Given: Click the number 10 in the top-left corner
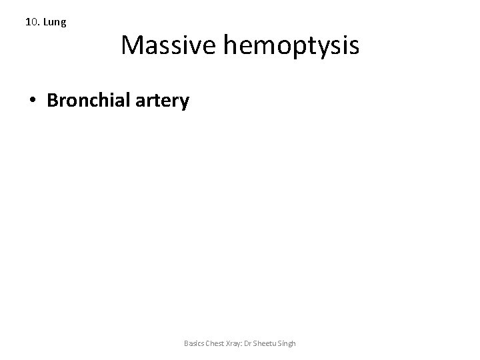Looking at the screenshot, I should click(x=31, y=22).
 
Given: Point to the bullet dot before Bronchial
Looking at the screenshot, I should click(x=33, y=101).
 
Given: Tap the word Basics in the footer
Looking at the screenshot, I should click(x=193, y=343).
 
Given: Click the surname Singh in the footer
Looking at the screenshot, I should click(x=287, y=343).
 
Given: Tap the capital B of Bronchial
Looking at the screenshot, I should click(x=53, y=101).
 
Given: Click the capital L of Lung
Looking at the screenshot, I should click(x=46, y=22).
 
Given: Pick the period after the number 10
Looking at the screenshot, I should click(x=37, y=25).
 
